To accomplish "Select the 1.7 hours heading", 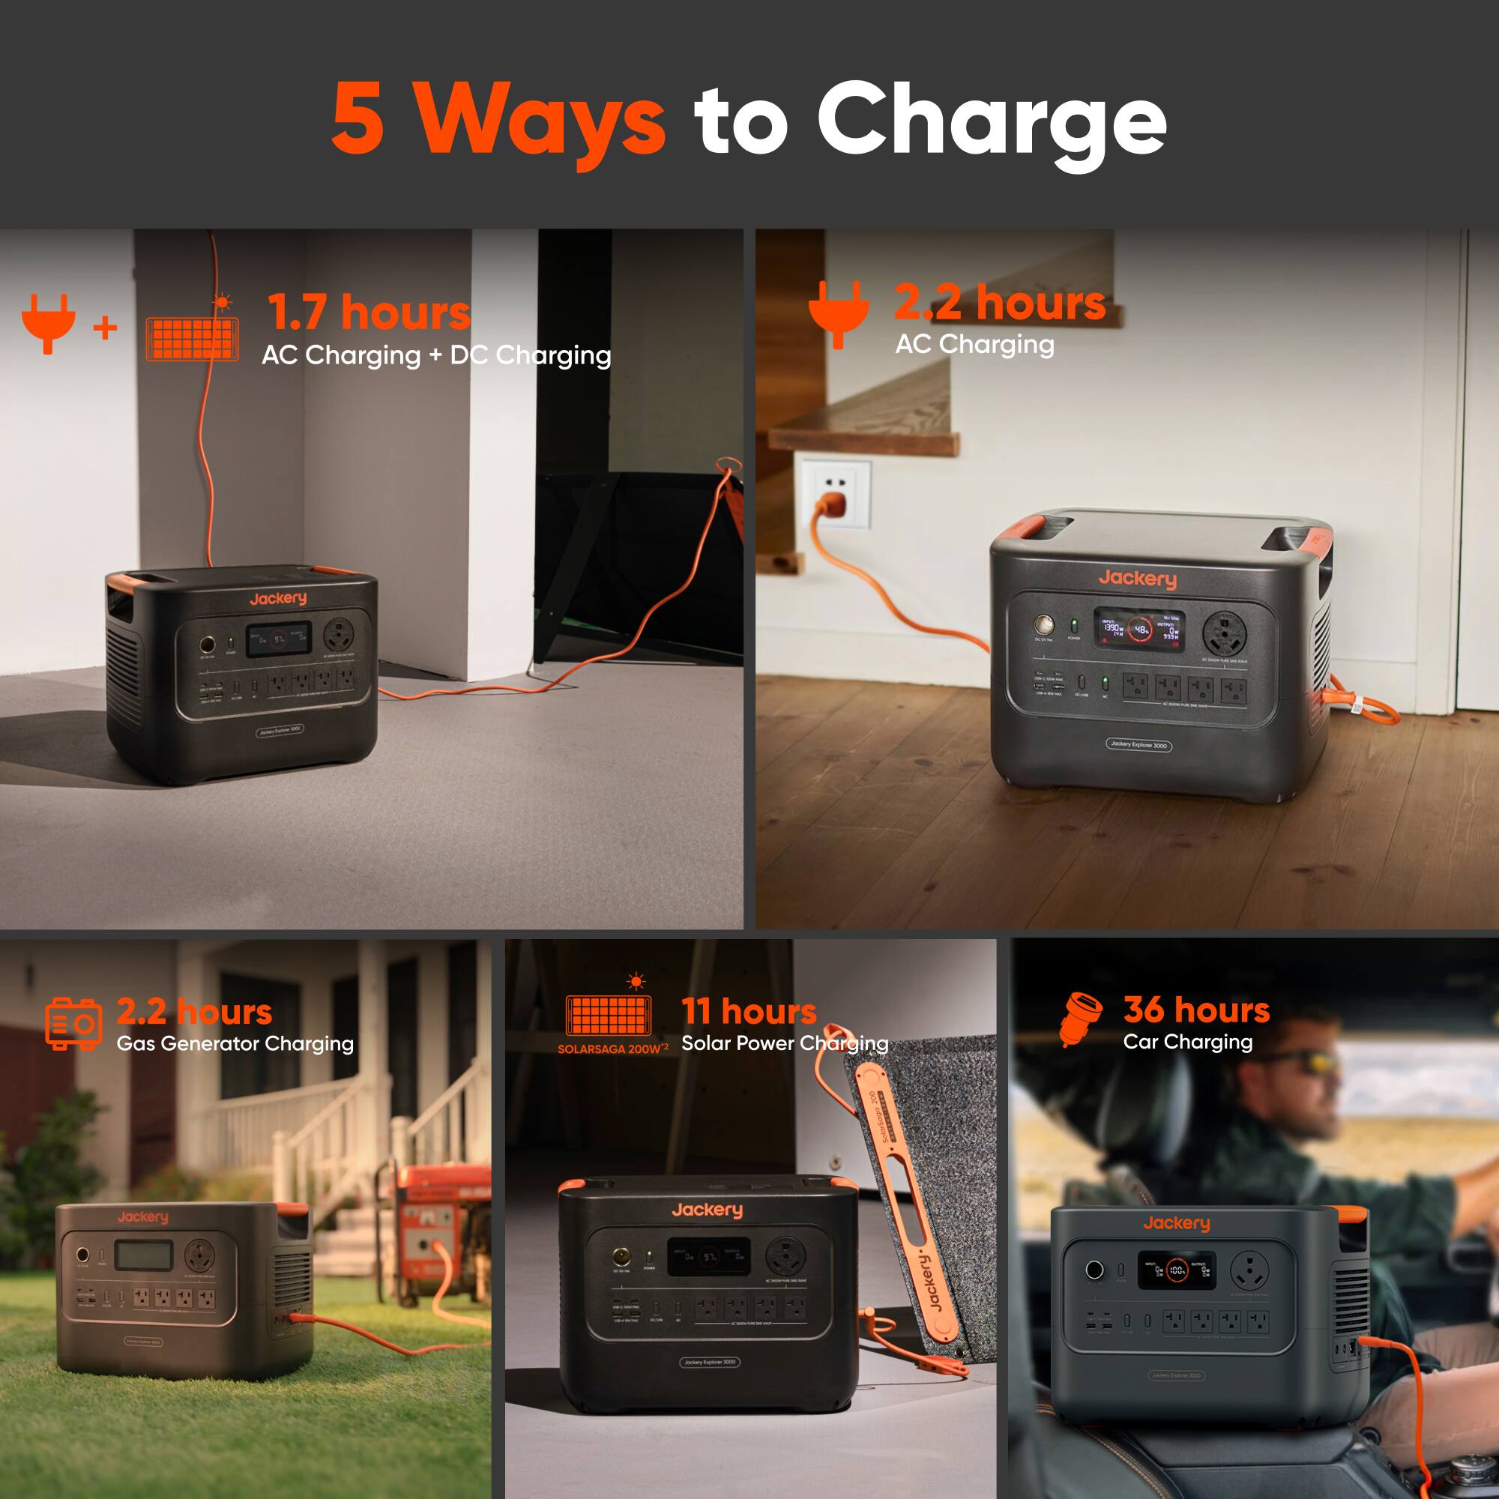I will [370, 312].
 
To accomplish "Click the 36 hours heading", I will [1196, 1010].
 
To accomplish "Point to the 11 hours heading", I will [749, 1011].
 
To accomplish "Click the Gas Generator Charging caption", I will [235, 1043].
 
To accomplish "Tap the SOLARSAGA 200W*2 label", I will [612, 1049].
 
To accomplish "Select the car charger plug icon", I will [1081, 1017].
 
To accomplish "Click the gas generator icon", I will [73, 1023].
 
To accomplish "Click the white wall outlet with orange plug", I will [836, 494].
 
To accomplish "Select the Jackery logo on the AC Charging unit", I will [1138, 578].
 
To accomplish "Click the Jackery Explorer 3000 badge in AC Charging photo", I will [1138, 745].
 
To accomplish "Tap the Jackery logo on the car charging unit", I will [1176, 1224].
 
